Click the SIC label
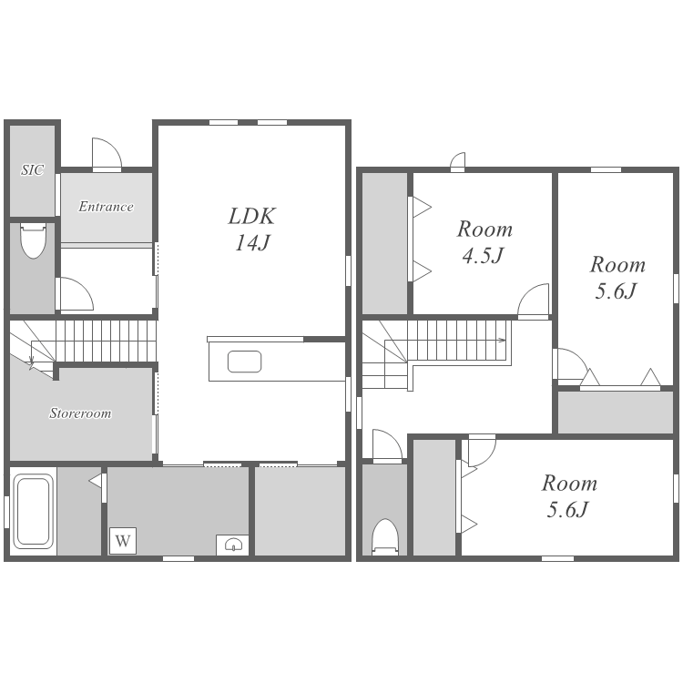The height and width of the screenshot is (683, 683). tap(32, 169)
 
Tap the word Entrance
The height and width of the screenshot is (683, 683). tap(106, 206)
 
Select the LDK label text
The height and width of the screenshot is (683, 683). tap(251, 216)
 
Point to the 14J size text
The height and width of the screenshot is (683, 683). tap(252, 242)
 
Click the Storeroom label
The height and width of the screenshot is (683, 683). tap(80, 413)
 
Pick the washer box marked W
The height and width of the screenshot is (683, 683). tap(123, 541)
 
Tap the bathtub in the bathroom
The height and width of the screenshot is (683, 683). tap(33, 512)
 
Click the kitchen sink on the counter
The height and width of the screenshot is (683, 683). tap(244, 362)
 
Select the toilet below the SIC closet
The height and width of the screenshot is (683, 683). tap(33, 241)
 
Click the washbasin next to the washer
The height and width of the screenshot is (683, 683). tap(232, 545)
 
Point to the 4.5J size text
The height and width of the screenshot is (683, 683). tap(483, 256)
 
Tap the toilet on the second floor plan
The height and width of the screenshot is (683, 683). tap(385, 536)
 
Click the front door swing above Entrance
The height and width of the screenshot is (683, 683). tap(107, 153)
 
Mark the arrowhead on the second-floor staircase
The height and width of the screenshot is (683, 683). tap(503, 340)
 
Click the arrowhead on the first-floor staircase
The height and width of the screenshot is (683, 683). tap(31, 361)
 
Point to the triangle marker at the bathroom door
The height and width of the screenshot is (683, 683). tap(96, 481)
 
